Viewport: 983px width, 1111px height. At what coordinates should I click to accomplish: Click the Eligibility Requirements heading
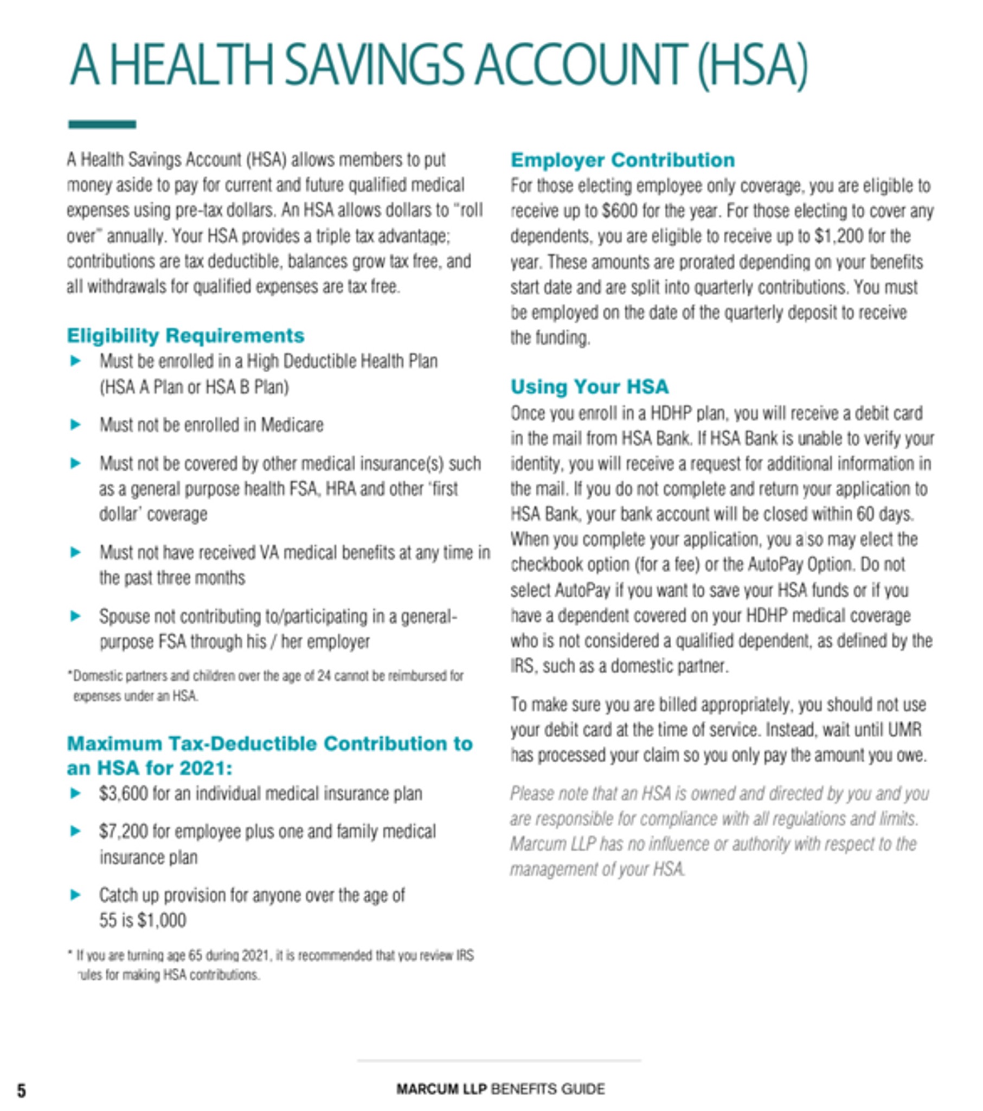point(185,335)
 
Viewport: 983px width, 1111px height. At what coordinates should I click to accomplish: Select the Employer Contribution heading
point(622,160)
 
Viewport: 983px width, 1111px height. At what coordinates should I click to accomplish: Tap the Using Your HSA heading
point(589,386)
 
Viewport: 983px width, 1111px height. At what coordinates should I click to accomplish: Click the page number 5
point(21,1090)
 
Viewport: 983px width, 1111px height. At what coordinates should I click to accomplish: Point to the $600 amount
point(620,211)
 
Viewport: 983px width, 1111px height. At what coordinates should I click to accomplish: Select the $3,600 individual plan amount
point(124,794)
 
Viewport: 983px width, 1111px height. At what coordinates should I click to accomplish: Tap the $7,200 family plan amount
point(124,832)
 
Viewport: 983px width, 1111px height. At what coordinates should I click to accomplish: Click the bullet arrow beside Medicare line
point(76,425)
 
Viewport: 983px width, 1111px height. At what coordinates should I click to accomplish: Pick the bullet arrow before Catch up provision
point(76,895)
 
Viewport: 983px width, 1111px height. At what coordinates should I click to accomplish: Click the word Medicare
point(292,425)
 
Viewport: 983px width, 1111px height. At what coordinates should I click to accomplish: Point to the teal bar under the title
point(101,124)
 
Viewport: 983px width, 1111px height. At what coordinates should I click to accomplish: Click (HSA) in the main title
point(752,65)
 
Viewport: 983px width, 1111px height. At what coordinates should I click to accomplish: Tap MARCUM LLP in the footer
point(441,1089)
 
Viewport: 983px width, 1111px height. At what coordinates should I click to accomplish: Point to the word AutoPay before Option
point(774,565)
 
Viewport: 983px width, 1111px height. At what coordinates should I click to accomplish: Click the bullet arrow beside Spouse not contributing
point(76,616)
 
